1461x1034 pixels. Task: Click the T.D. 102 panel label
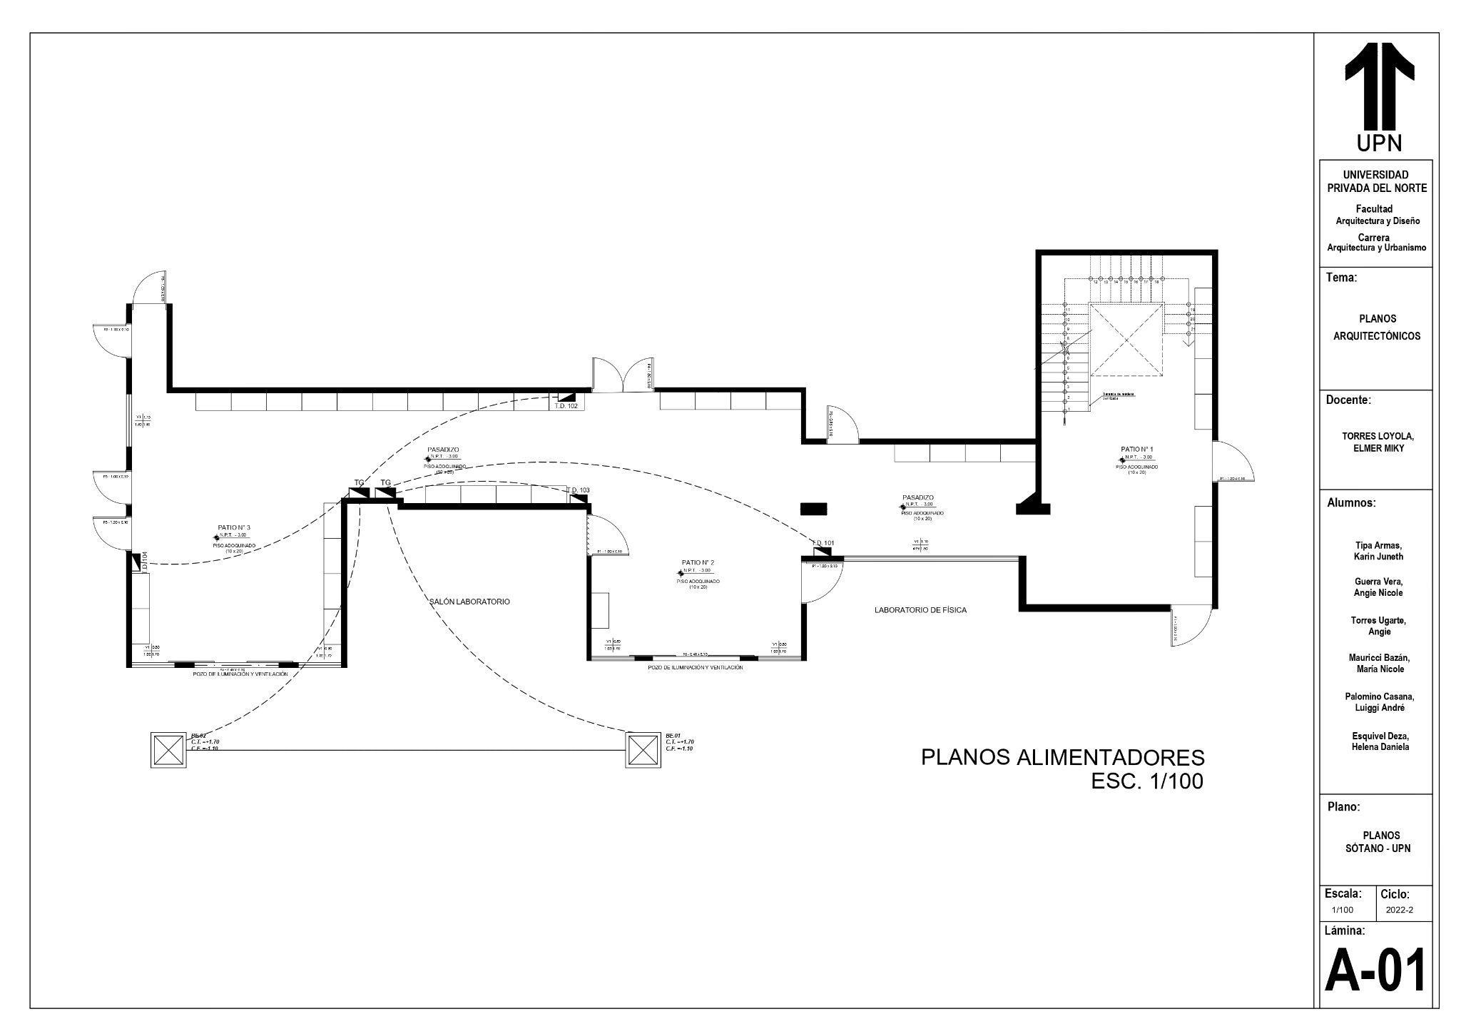pyautogui.click(x=566, y=405)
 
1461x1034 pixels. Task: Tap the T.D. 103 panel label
pyautogui.click(x=579, y=490)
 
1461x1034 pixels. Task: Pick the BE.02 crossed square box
pyautogui.click(x=168, y=750)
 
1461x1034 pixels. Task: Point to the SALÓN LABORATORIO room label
pyautogui.click(x=469, y=602)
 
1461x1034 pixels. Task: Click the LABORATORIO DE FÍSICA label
pyautogui.click(x=920, y=610)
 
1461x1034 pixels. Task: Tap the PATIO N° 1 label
pyautogui.click(x=1137, y=449)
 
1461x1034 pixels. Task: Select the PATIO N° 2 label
pyautogui.click(x=698, y=563)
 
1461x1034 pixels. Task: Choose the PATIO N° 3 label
pyautogui.click(x=234, y=527)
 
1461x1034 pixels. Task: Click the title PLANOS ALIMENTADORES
pyautogui.click(x=1062, y=757)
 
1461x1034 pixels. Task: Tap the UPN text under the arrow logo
pyautogui.click(x=1379, y=143)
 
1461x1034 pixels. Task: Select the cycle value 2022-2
pyautogui.click(x=1399, y=930)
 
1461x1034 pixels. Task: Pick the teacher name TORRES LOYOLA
pyautogui.click(x=1378, y=436)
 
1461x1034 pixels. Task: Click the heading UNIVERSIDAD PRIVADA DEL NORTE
pyautogui.click(x=1376, y=181)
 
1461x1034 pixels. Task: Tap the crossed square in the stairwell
pyautogui.click(x=1126, y=339)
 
